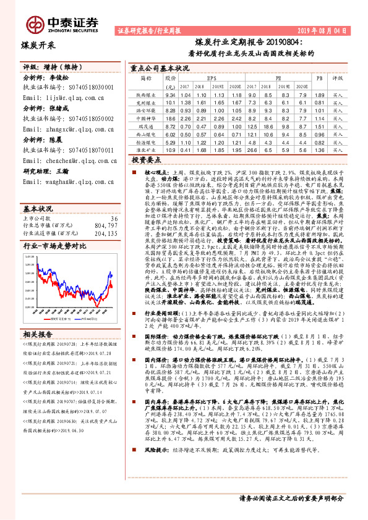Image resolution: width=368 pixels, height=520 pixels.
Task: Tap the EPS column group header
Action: [212, 79]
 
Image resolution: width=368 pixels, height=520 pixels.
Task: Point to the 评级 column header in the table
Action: [337, 79]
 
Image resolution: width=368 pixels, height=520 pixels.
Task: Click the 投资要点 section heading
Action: [147, 159]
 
